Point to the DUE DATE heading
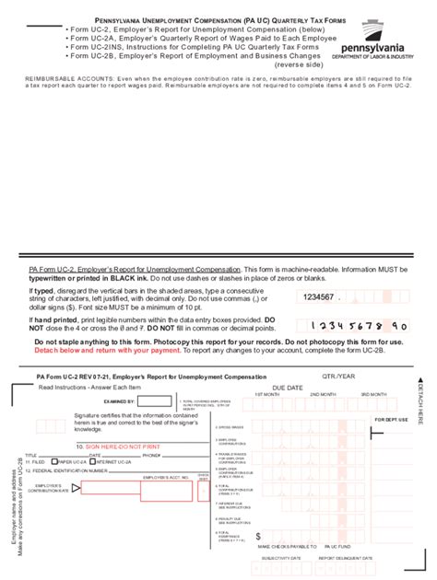click(x=288, y=388)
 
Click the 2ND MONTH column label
click(x=322, y=394)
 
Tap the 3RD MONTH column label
click(x=372, y=394)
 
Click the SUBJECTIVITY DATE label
click(x=282, y=558)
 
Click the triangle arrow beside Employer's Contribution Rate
click(x=77, y=486)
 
